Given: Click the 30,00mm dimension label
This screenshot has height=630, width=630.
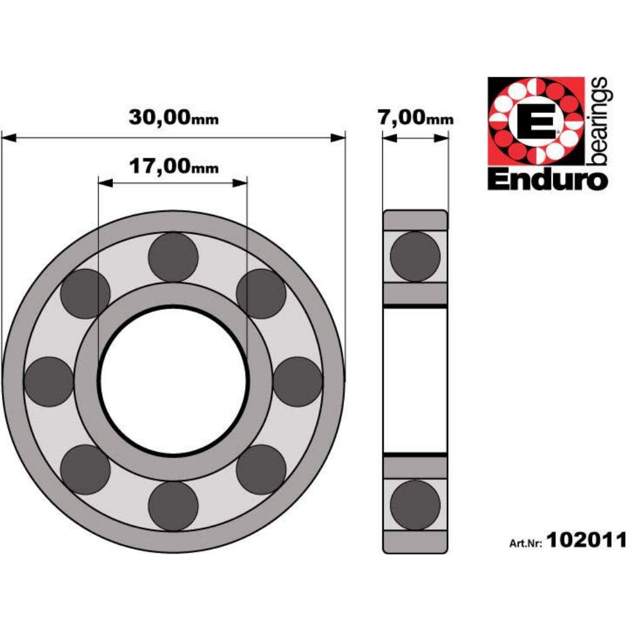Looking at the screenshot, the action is coord(174,117).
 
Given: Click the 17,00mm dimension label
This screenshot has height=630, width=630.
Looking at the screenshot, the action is coord(174,166).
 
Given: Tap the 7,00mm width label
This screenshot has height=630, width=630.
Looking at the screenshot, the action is coord(416,117).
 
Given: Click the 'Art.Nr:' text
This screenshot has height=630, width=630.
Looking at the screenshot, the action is coord(526,543).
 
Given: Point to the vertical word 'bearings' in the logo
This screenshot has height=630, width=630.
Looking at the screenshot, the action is coord(598,122).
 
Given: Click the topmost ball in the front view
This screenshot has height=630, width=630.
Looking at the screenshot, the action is coord(173,257).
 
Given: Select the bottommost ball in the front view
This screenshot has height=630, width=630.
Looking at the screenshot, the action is coord(173,506).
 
